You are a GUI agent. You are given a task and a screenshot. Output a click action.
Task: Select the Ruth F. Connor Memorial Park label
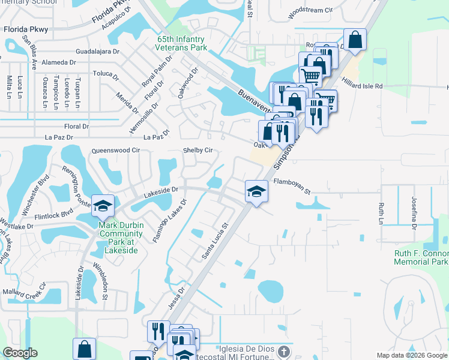tap(421, 258)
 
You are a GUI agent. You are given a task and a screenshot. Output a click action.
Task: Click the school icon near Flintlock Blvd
tap(103, 206)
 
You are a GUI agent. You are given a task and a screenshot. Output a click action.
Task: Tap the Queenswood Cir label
tap(115, 151)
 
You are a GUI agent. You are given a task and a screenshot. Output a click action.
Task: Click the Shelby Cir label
tap(197, 150)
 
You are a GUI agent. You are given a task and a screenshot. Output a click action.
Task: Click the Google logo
tap(20, 353)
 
